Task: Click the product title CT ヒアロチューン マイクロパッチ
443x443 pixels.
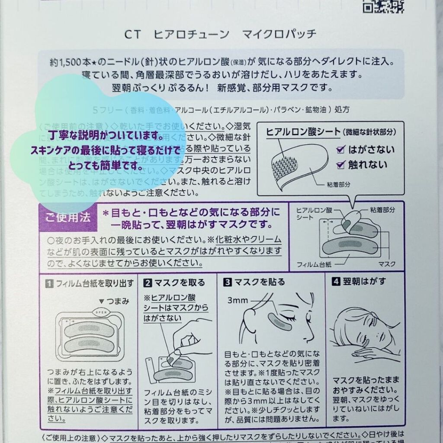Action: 221,34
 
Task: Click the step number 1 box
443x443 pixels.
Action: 50,283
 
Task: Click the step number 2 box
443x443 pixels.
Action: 148,283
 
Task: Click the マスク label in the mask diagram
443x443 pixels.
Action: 386,263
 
